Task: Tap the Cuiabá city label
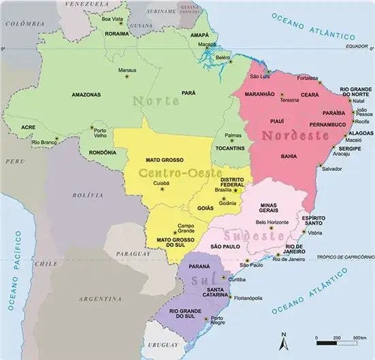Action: [x=161, y=182]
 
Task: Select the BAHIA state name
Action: [x=288, y=157]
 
